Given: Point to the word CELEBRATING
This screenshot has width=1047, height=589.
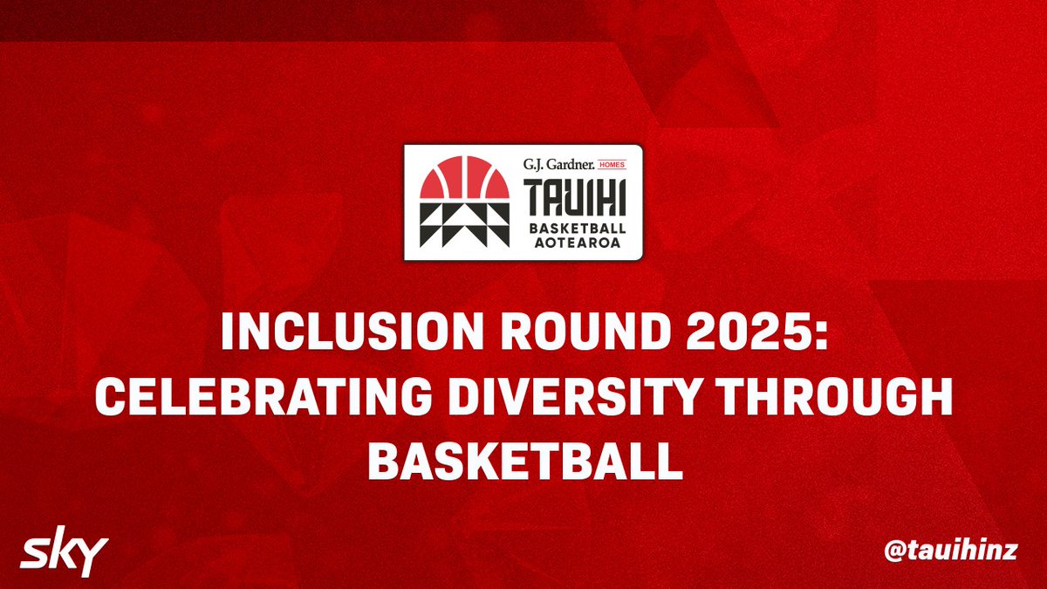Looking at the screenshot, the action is coord(263,396).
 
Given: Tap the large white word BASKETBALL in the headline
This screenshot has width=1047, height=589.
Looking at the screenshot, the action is coord(525,461).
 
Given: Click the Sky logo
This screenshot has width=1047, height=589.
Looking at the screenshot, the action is coord(64,558).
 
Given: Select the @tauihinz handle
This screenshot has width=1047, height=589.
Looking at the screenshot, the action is coord(950,551).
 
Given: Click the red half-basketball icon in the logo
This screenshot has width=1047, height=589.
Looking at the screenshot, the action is coord(464,178).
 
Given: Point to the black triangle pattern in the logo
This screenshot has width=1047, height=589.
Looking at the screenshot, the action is coord(464,224).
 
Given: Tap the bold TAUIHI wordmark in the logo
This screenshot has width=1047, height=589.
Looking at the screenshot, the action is coord(574,198).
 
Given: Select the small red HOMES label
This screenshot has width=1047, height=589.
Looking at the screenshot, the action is coord(612,165).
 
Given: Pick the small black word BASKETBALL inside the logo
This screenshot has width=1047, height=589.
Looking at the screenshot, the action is coord(578,229).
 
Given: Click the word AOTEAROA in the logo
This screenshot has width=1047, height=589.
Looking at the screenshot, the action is coord(578,243).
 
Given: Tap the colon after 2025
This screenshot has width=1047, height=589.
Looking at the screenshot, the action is coord(820,335).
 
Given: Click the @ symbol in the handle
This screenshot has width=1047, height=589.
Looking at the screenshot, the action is coord(895,551).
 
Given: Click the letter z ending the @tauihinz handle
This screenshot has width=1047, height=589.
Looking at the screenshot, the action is coord(1009,553).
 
